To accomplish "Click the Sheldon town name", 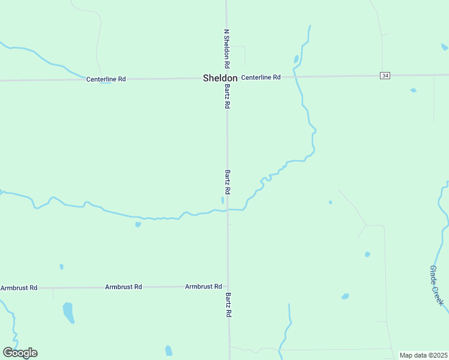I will pos(220,78).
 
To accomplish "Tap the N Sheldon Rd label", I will pos(227,49).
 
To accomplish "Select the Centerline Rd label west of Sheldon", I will pos(106,79).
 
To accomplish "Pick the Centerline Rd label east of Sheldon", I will pos(261,77).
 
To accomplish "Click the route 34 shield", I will pos(385,75).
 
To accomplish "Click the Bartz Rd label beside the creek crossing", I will pos(228,181).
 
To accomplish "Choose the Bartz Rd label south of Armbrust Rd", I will pos(228,304).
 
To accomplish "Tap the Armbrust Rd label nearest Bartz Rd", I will pos(203,287).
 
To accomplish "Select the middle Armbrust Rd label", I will pos(123,287).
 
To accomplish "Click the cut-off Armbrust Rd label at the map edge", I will pos(19,288).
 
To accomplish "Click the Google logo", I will pos(20,353).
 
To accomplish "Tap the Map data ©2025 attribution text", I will pos(423,355).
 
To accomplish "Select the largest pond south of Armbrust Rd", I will pos(68,312).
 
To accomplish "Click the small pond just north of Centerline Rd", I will pos(296,59).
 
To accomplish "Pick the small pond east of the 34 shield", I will pos(413,91).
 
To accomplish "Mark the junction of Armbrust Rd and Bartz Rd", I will pos(228,287).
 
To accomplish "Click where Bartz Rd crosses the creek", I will pos(227,210).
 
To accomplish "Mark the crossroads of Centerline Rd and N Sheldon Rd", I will pos(226,77).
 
